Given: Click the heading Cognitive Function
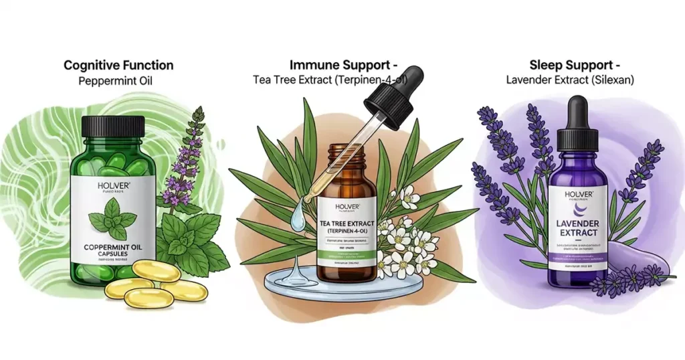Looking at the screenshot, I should coord(118,66).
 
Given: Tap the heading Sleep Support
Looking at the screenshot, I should coord(569,66).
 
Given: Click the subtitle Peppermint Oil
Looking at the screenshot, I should coord(118,81).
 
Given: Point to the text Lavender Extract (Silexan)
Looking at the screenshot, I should coord(569,81).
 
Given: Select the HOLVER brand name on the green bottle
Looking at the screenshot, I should coord(112,185).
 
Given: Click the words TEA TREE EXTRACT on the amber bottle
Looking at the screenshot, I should coord(347,223).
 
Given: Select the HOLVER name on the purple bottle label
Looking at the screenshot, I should coord(577,195).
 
